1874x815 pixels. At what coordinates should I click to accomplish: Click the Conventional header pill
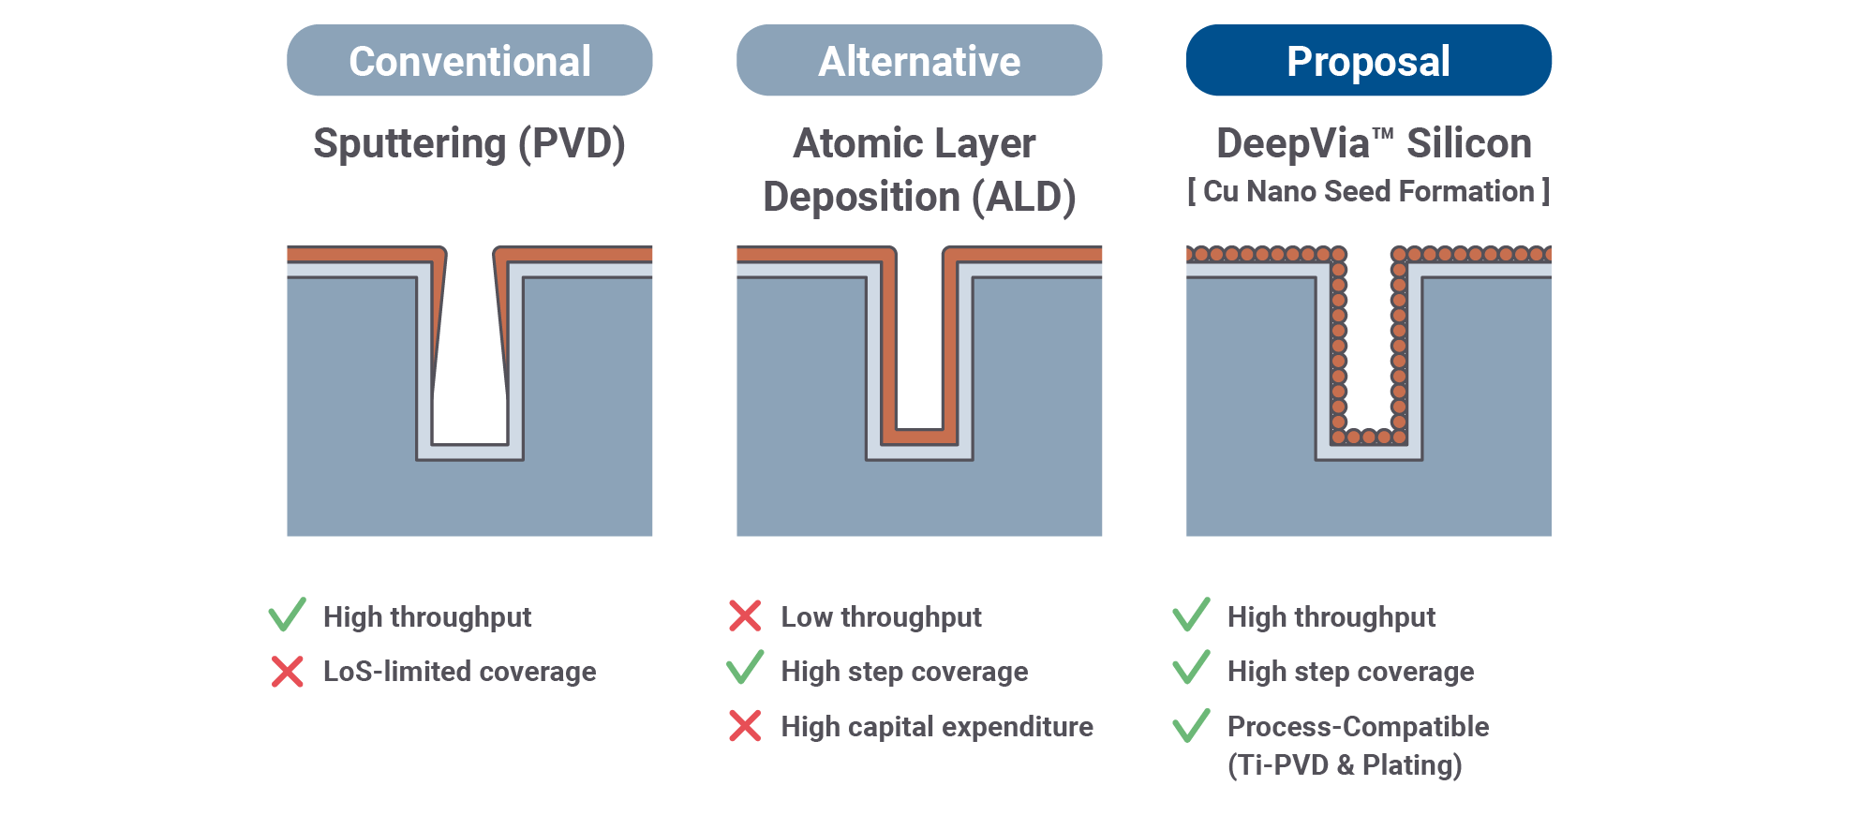coord(469,61)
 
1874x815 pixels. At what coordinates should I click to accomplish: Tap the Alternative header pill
coord(919,61)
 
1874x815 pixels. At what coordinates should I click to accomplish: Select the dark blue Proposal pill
coord(1368,61)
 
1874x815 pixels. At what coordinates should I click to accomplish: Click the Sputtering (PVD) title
coord(469,144)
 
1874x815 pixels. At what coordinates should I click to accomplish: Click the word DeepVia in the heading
coord(1293,144)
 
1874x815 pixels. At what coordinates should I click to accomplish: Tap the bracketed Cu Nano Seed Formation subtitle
coord(1368,192)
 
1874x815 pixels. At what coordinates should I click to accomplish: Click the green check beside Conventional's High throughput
coord(287,615)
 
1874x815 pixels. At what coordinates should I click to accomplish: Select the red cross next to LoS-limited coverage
coord(287,672)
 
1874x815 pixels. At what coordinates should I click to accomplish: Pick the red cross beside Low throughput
coord(745,616)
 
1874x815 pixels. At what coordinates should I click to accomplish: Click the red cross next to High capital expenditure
coord(745,726)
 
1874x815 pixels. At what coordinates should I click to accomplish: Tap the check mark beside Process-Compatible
coord(1191,725)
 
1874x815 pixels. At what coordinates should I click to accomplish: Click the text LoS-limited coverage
coord(459,672)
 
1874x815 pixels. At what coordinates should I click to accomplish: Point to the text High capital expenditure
coord(937,727)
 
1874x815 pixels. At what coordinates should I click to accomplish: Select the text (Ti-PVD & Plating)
coord(1345,765)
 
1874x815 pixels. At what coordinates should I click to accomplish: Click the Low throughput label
coord(881,617)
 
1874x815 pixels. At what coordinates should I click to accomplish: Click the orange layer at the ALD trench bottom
coord(919,437)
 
